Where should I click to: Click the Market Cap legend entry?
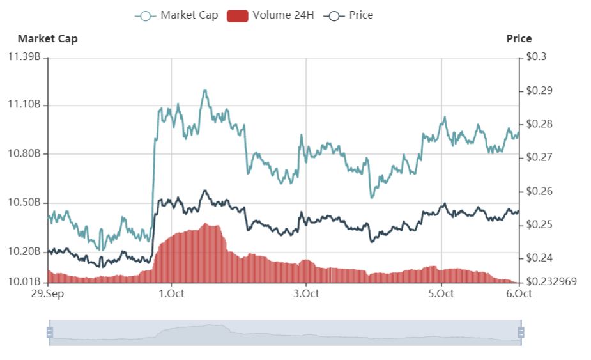[176, 15]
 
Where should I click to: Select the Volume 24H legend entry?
[271, 15]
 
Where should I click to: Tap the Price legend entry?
[349, 15]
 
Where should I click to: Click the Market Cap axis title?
[47, 38]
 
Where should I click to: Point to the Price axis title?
[519, 38]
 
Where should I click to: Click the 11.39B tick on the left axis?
[24, 57]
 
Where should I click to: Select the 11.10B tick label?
[24, 105]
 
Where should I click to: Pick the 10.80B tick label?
[24, 154]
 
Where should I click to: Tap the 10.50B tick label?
[24, 203]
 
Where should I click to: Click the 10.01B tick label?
[24, 281]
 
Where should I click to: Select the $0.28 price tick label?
[538, 124]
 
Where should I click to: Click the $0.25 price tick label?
[538, 224]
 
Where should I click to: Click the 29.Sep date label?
[48, 293]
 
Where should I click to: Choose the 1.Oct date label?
[171, 293]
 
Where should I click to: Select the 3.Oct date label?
[306, 293]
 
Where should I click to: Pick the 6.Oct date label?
[519, 293]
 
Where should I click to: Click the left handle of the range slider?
[49, 333]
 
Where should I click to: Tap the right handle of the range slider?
[521, 333]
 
